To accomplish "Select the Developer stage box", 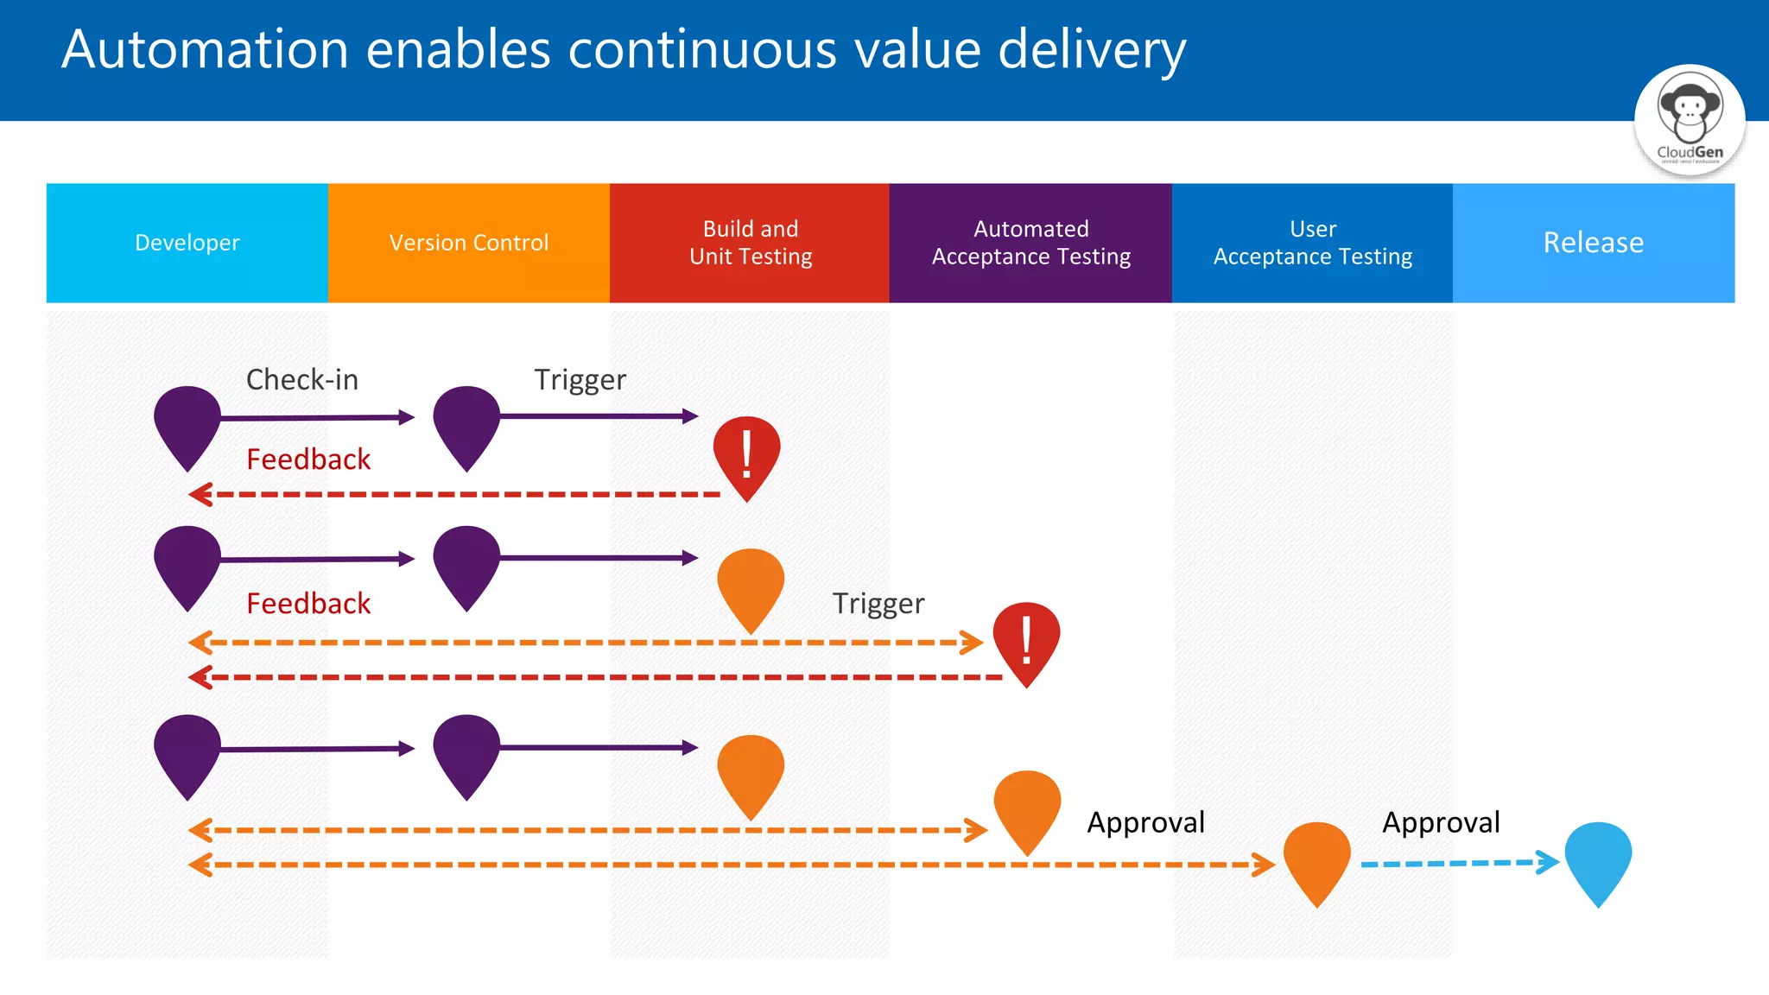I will point(187,243).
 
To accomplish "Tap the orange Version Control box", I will point(468,243).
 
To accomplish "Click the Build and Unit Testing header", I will point(750,243).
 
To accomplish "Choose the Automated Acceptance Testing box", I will point(1030,243).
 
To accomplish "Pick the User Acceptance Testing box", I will point(1312,243).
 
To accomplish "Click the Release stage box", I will point(1593,243).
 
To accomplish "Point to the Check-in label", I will point(301,380).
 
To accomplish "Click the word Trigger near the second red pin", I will point(878,603).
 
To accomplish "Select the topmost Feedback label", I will point(308,459).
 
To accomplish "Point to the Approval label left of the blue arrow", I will point(1441,822).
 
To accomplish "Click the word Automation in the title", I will point(205,49).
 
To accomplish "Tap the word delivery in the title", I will point(1092,49).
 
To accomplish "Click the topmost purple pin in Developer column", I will point(187,423).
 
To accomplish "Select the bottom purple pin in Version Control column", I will point(466,751).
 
